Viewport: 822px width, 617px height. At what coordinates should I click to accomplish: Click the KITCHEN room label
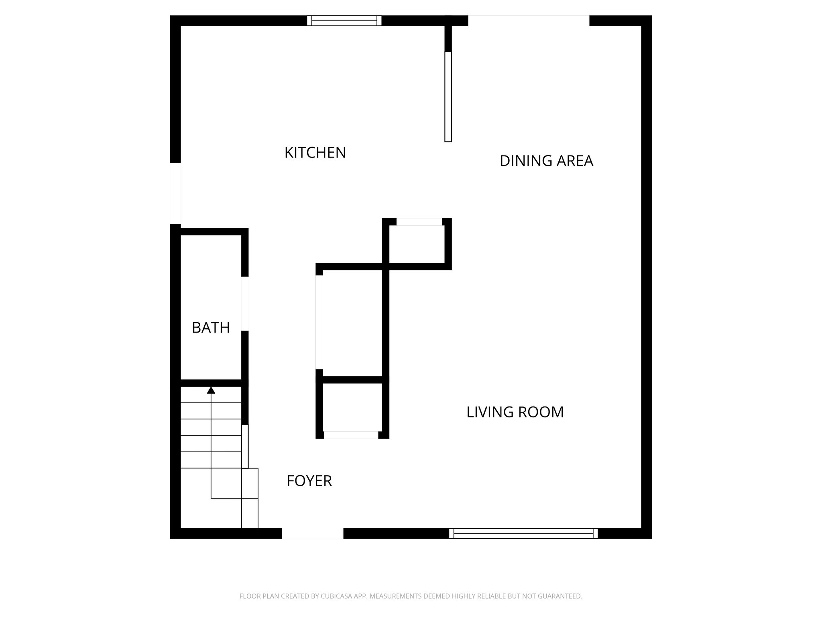click(315, 153)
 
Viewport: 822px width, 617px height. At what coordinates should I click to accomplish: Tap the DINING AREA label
click(546, 161)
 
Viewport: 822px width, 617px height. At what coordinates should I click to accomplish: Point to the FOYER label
click(309, 481)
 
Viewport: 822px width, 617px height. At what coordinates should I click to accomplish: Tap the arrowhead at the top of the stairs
click(211, 390)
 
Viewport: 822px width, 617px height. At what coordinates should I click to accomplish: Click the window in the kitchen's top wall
click(344, 20)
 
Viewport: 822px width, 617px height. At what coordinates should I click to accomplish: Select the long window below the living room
click(523, 533)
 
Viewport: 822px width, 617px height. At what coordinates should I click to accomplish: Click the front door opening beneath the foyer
click(313, 533)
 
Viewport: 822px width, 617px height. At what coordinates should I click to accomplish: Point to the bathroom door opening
click(245, 304)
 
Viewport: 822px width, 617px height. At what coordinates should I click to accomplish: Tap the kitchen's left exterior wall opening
click(175, 193)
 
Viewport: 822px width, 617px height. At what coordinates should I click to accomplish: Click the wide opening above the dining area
click(529, 20)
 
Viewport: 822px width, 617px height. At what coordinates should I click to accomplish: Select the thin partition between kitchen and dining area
click(448, 97)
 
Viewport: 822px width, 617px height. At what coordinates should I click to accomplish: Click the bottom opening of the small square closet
click(351, 435)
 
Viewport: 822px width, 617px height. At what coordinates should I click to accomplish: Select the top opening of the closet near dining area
click(419, 222)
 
